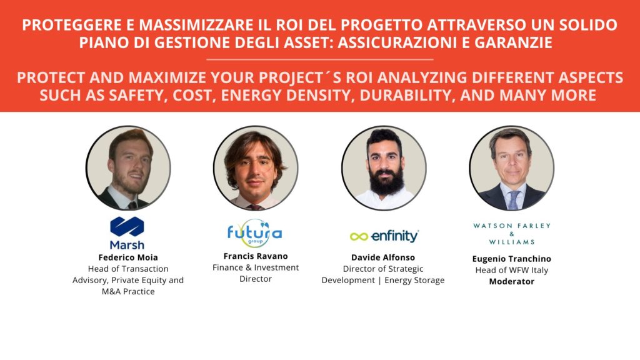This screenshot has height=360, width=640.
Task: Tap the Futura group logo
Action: point(254,233)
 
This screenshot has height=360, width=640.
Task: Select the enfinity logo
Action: point(384,236)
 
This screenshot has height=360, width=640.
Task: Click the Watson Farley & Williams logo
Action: point(512,233)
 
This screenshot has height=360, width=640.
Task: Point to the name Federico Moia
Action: point(127,257)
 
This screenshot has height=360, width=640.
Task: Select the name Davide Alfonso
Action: point(383,257)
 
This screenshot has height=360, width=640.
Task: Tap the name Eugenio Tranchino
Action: point(512,259)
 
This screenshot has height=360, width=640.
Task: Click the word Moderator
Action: point(512,281)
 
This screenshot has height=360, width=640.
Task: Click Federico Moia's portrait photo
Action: point(128,167)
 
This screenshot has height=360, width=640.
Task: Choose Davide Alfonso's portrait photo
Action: point(384,167)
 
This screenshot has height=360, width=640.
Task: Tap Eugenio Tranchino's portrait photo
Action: point(511,167)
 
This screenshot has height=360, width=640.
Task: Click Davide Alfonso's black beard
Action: point(386,181)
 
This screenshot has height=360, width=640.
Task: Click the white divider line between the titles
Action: point(319,59)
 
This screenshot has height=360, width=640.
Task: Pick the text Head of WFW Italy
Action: point(512,270)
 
